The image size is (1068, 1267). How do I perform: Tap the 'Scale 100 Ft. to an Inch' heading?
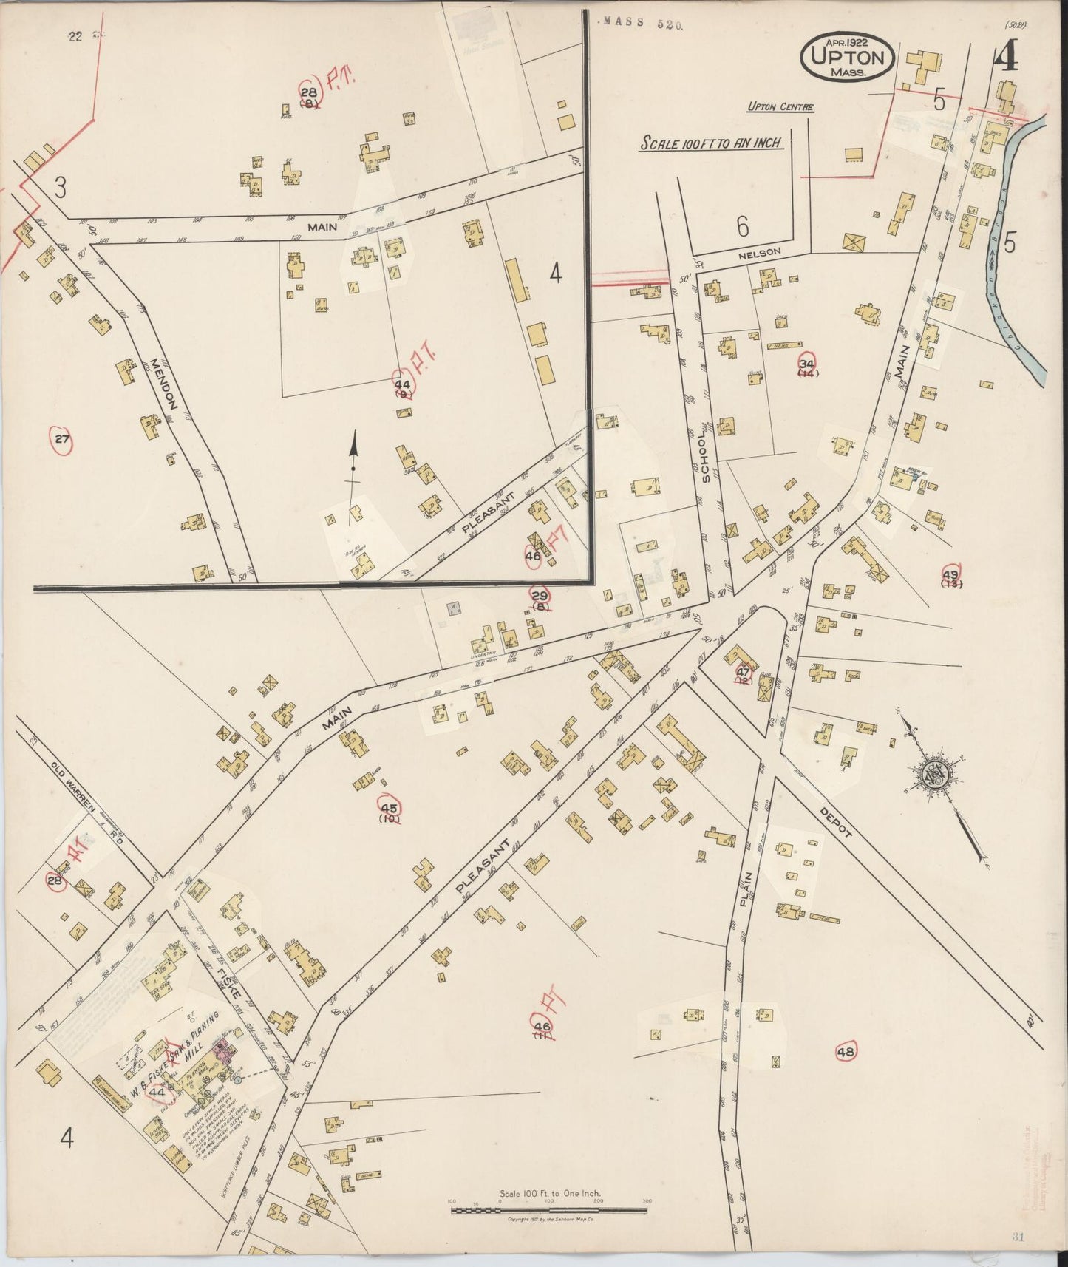coord(710,142)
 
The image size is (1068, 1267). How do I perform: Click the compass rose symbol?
coord(933,775)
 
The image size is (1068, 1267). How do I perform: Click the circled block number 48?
coord(845,1051)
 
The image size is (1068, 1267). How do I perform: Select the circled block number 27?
coord(61,441)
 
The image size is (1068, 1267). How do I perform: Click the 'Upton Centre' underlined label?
coord(780,107)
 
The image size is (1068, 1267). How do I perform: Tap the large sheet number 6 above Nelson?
coord(742,227)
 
